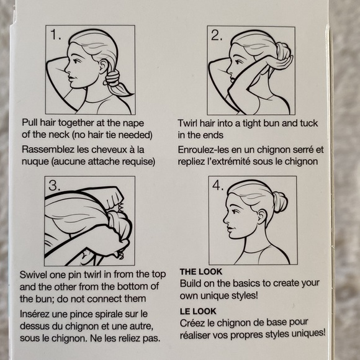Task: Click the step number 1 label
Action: pos(56,35)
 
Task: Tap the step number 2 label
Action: pos(217,35)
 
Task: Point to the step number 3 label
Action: pos(55,186)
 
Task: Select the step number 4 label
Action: pos(218,185)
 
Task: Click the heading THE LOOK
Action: pos(201,272)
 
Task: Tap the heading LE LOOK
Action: pos(198,311)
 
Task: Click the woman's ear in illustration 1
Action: pos(103,67)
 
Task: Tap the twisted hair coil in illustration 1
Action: pos(113,78)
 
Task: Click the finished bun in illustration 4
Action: pos(280,202)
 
